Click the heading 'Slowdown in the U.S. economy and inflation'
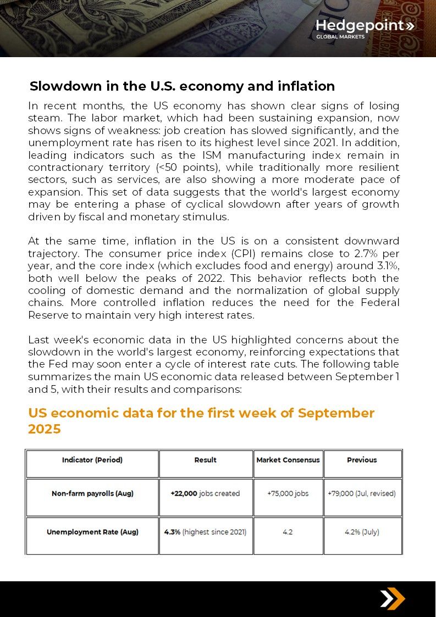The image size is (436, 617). (182, 86)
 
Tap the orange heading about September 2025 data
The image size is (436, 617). (201, 421)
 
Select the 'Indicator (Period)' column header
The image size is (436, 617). (92, 460)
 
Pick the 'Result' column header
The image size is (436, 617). (206, 460)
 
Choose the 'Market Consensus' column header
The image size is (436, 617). (288, 460)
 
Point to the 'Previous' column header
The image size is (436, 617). (362, 460)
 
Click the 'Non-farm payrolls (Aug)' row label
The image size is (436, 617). (92, 493)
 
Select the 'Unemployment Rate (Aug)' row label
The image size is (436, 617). (92, 532)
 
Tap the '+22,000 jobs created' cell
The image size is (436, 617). (205, 493)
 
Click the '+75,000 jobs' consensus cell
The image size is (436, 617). (288, 493)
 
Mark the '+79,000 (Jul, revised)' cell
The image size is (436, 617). (362, 493)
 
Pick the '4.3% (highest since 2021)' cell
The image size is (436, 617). (205, 532)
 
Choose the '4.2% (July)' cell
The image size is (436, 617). (362, 532)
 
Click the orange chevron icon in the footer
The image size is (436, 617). (393, 599)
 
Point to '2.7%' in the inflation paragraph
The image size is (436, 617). (355, 254)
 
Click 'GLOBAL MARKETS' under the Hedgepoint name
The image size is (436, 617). (340, 37)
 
